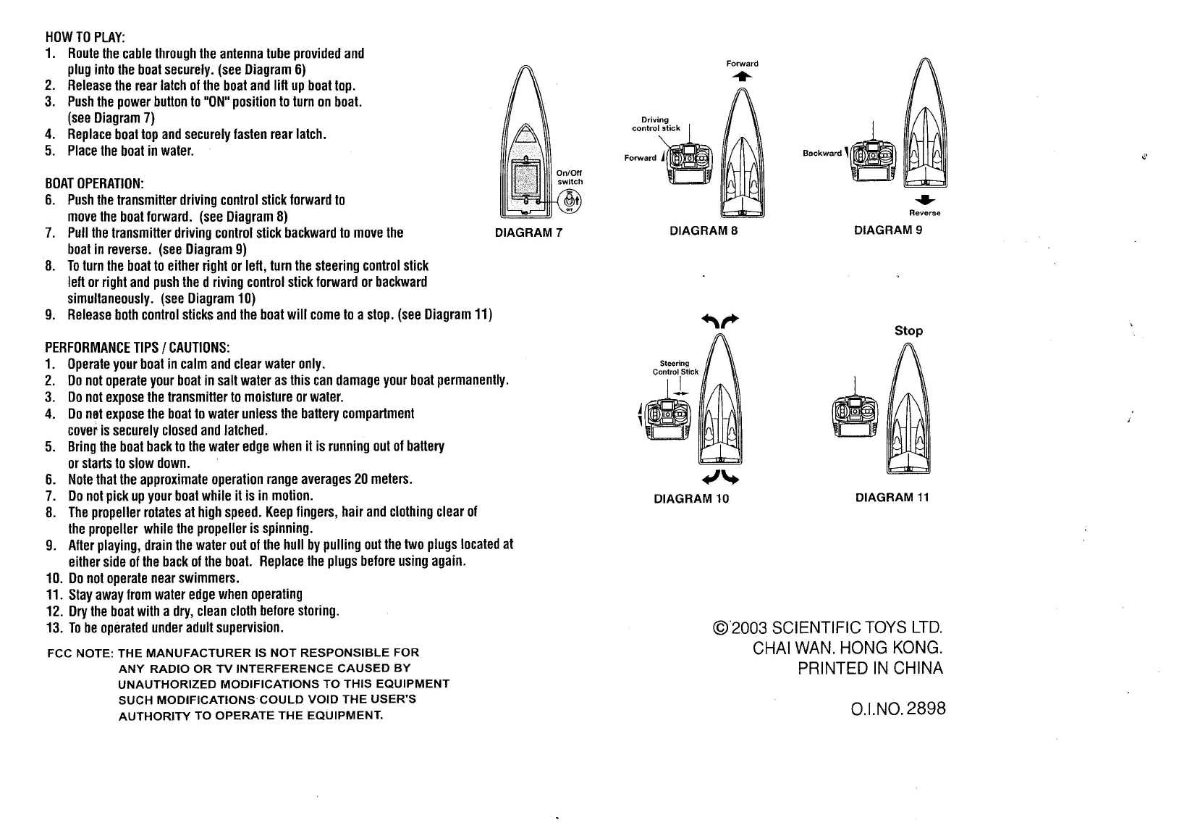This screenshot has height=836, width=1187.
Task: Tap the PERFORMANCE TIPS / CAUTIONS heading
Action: pyautogui.click(x=138, y=347)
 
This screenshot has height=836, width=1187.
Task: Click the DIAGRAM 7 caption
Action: pyautogui.click(x=528, y=233)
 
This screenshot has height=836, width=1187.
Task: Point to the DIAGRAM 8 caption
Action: pyautogui.click(x=704, y=231)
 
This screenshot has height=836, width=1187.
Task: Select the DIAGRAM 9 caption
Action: pyautogui.click(x=888, y=230)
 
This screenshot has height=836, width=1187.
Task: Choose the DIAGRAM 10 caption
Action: pyautogui.click(x=691, y=498)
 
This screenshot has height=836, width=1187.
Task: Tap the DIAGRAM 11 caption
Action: pyautogui.click(x=892, y=497)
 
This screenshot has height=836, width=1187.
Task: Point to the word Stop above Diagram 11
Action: pyautogui.click(x=908, y=331)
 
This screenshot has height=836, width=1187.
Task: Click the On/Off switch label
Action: pyautogui.click(x=570, y=177)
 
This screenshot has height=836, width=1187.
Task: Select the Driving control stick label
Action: pyautogui.click(x=656, y=124)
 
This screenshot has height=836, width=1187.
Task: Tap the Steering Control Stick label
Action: pyautogui.click(x=675, y=367)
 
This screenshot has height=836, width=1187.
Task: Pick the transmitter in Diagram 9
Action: pyautogui.click(x=874, y=161)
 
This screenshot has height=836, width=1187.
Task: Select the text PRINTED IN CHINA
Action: pyautogui.click(x=870, y=668)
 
